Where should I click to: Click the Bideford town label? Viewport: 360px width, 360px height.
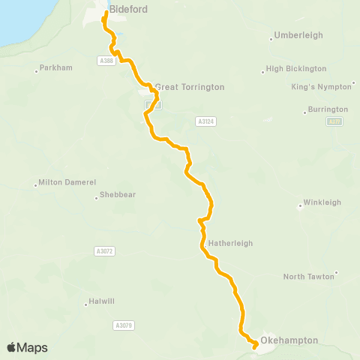tap(128, 10)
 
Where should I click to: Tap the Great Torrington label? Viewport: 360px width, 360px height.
tap(190, 87)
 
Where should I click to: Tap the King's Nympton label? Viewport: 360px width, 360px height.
tap(321, 87)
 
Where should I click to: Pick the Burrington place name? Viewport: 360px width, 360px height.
tap(328, 109)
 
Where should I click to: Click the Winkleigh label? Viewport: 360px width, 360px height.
tap(322, 202)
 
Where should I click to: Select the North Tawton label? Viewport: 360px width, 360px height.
tap(310, 277)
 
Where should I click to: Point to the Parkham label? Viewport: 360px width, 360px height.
tap(57, 68)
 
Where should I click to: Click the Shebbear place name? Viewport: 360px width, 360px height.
tap(118, 195)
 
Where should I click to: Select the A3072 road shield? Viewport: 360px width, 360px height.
tap(105, 251)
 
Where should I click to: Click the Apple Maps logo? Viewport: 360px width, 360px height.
tap(28, 347)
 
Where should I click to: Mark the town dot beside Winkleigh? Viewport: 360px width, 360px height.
tap(299, 205)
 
